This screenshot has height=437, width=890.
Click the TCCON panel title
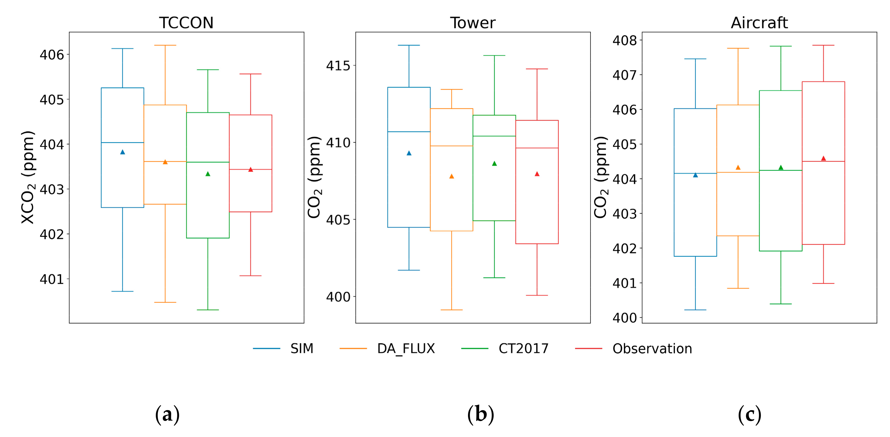(186, 23)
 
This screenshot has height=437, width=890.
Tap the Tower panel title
(473, 23)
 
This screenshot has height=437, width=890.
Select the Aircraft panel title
(759, 23)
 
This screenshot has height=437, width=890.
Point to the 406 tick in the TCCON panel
(52, 54)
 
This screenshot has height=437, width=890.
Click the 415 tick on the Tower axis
(338, 66)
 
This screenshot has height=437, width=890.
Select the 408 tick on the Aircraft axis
(624, 40)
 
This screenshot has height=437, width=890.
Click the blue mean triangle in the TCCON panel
(122, 152)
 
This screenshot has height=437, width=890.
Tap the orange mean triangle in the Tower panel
(452, 176)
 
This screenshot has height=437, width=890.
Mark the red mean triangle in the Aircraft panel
(823, 158)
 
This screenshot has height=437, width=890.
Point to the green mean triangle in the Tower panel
(494, 163)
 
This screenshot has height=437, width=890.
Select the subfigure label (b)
(480, 414)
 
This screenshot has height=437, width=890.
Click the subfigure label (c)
(749, 414)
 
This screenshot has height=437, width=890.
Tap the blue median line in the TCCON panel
(122, 142)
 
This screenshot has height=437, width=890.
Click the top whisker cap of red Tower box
(537, 69)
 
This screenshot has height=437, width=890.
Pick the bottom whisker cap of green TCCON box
(208, 310)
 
